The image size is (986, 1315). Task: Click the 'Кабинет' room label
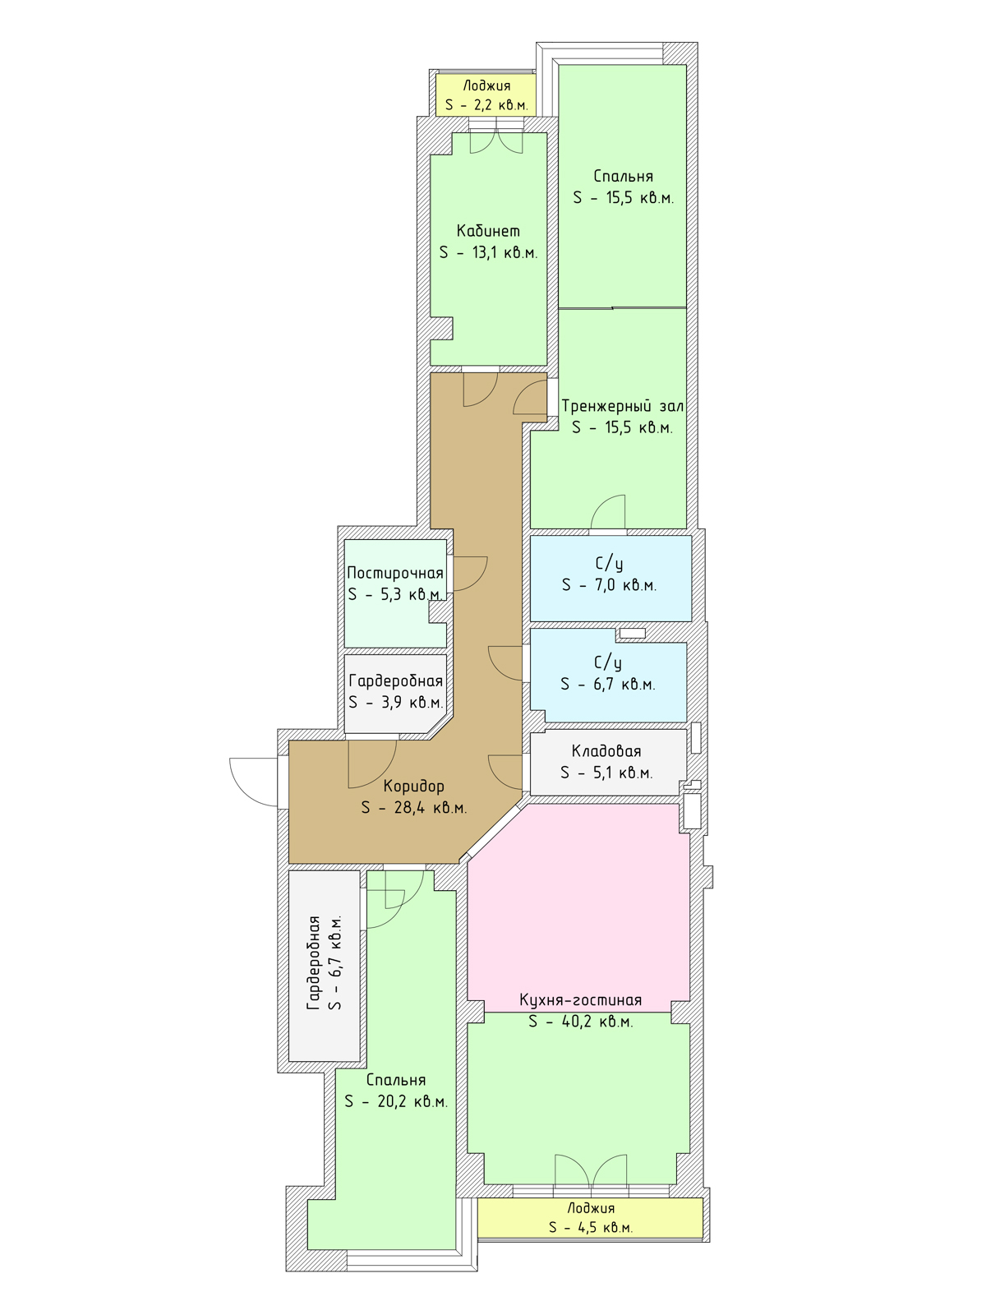[x=488, y=231]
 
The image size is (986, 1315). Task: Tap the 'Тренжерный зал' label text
[x=622, y=406]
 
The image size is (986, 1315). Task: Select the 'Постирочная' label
[x=395, y=574]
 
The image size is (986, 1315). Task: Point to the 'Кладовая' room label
[x=606, y=751]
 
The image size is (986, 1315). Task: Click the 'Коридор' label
[x=413, y=786]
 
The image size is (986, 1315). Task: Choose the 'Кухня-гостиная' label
[x=580, y=1000]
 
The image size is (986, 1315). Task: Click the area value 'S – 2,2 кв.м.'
[x=486, y=106]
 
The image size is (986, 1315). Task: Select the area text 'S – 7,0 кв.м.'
[x=609, y=585]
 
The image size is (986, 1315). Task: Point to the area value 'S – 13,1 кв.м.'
[x=489, y=253]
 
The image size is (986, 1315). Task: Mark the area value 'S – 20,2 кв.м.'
[x=396, y=1101]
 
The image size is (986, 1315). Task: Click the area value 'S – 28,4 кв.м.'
[x=413, y=808]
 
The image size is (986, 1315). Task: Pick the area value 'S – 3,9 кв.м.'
[x=396, y=702]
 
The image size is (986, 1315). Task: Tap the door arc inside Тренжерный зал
[x=608, y=512]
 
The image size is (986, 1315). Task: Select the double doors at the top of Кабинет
[x=496, y=141]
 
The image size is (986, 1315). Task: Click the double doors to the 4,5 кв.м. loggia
[x=591, y=1172]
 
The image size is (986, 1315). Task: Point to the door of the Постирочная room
[x=471, y=574]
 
